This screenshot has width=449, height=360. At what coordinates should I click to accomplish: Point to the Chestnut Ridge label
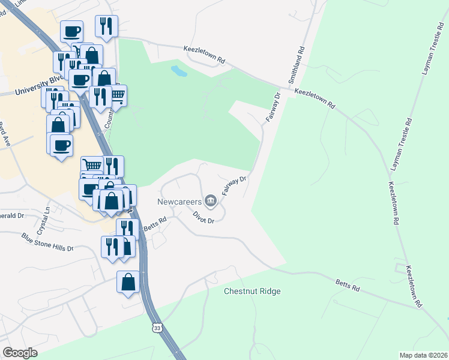coord(252,292)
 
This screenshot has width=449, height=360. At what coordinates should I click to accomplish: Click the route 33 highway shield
coord(157,328)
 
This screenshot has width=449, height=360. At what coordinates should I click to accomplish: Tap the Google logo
coord(20,353)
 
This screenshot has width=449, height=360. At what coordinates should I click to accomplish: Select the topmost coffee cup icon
coord(71,31)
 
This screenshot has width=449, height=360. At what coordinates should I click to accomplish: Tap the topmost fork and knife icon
coord(107,26)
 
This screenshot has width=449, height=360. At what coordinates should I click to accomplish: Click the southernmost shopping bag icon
coord(128,281)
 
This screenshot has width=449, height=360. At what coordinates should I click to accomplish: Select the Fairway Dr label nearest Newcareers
coord(234,185)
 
